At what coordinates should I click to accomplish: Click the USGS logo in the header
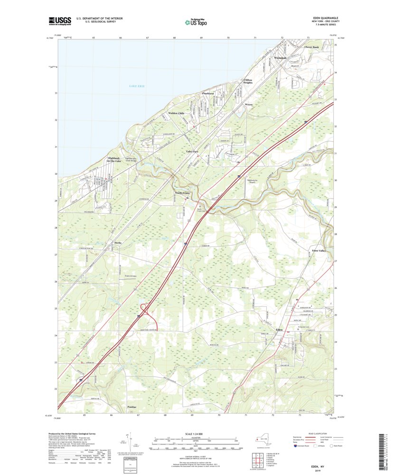[x=59, y=20]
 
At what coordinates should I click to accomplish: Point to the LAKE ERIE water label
[x=137, y=86]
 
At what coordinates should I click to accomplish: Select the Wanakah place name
[x=281, y=58]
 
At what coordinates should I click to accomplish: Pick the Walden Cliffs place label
[x=176, y=113]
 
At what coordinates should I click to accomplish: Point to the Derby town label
[x=118, y=243]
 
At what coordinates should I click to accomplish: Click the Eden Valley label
[x=318, y=250]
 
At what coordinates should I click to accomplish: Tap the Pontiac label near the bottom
[x=131, y=408]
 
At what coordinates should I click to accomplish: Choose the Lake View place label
[x=192, y=151]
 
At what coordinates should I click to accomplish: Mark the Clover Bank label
[x=312, y=48]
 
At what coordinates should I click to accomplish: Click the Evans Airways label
[x=131, y=276]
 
